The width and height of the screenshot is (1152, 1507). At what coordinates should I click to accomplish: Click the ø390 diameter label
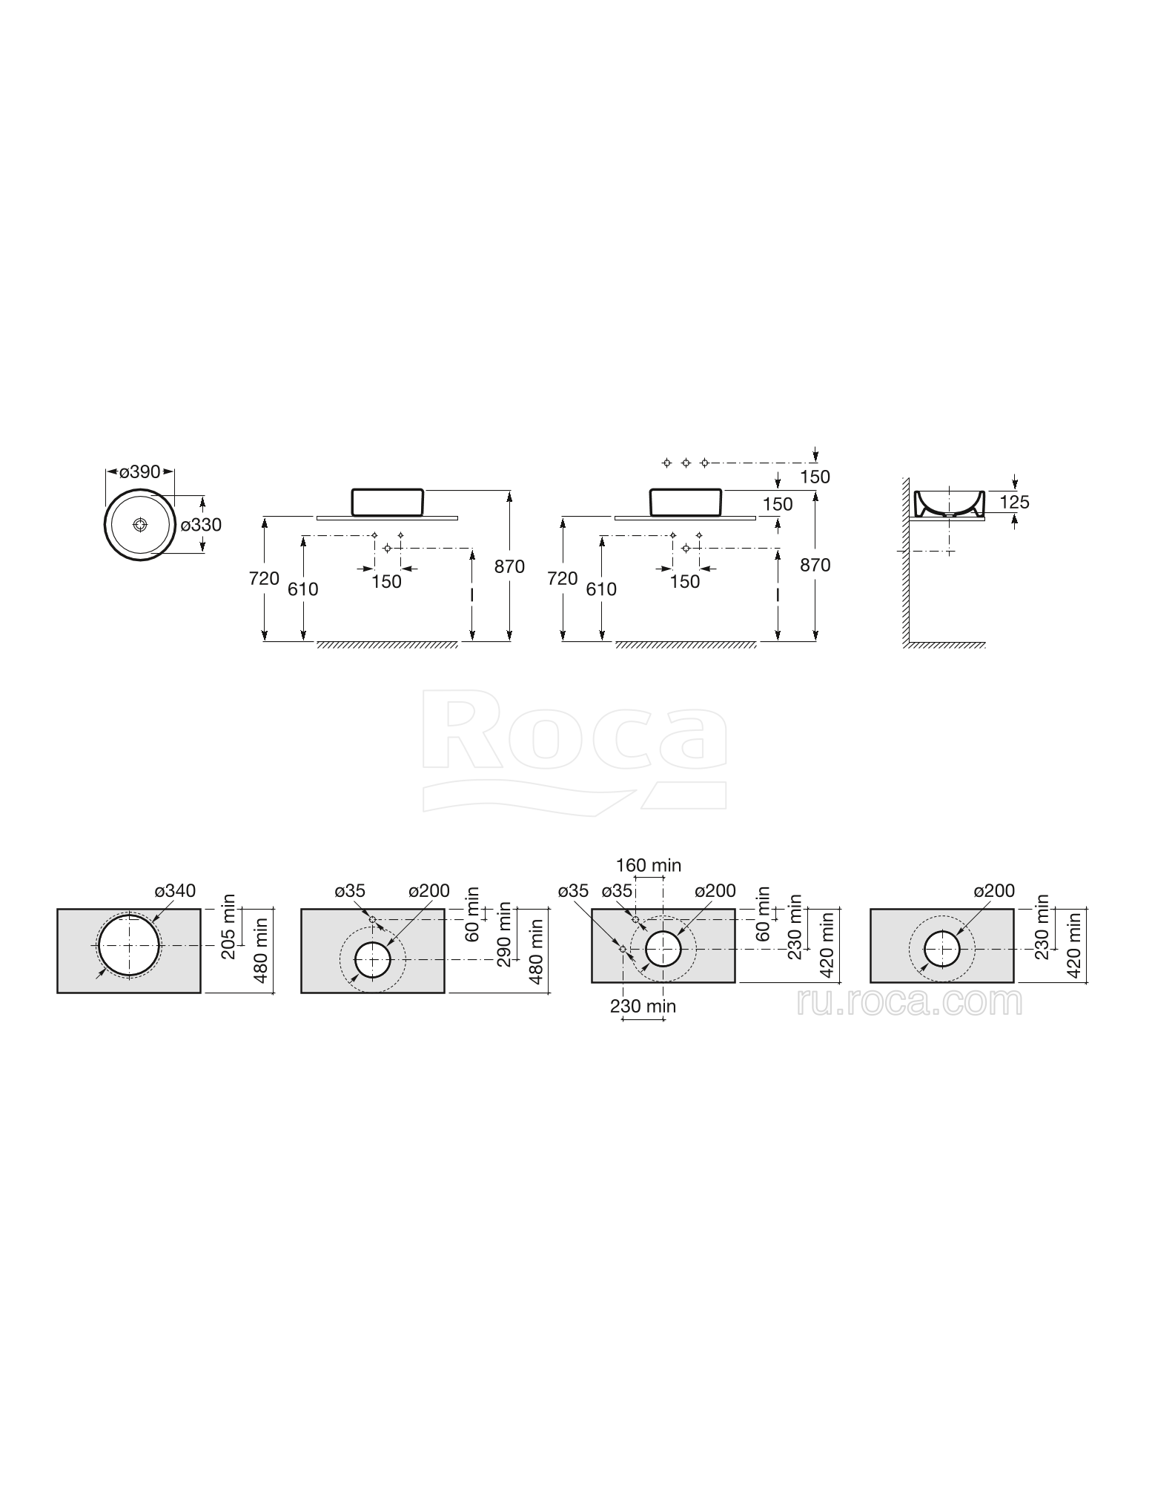click(140, 471)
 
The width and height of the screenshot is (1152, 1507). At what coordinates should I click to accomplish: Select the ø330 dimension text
click(202, 525)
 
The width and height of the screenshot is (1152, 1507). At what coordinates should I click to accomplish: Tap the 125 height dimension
click(1014, 502)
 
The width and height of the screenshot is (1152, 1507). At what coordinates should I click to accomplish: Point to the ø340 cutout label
click(175, 891)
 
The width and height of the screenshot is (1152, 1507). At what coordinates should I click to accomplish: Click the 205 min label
click(228, 927)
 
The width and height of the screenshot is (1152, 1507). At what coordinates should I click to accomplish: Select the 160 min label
click(649, 865)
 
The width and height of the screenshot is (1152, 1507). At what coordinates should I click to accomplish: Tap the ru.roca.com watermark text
click(910, 1003)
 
